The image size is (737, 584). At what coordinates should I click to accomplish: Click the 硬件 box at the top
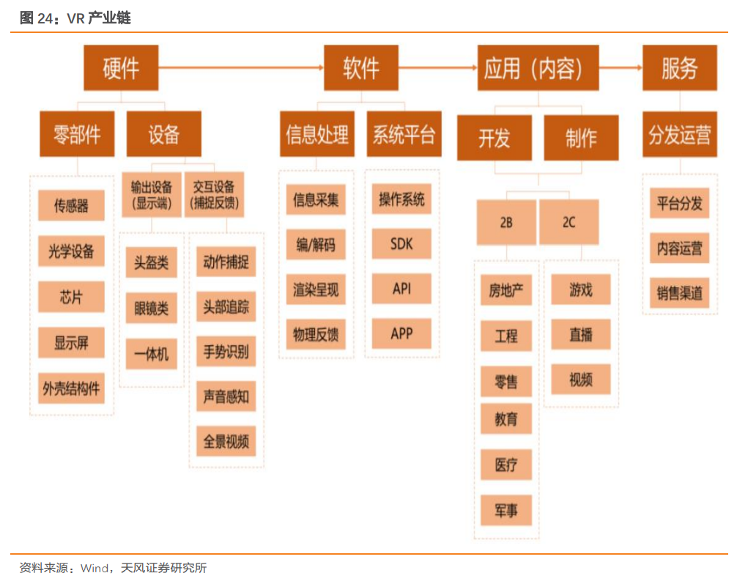click(120, 67)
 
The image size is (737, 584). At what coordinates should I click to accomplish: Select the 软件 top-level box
click(360, 67)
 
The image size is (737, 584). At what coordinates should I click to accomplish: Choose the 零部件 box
click(77, 134)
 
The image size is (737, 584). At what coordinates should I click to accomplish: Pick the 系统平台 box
click(404, 134)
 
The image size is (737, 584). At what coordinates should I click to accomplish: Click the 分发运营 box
click(679, 135)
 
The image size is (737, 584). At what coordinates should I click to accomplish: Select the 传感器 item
click(71, 206)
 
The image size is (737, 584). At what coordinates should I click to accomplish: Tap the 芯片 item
click(71, 297)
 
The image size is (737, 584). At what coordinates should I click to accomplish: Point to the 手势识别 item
click(226, 352)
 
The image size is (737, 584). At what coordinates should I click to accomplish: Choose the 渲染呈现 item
click(316, 290)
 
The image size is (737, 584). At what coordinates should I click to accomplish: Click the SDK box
click(401, 244)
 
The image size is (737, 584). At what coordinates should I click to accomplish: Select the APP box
click(401, 334)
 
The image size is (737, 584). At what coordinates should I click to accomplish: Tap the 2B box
click(505, 223)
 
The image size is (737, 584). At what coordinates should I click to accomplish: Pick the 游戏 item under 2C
click(580, 290)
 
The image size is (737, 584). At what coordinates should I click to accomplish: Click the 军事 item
click(505, 510)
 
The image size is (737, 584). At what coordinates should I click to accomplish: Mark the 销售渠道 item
click(679, 293)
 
